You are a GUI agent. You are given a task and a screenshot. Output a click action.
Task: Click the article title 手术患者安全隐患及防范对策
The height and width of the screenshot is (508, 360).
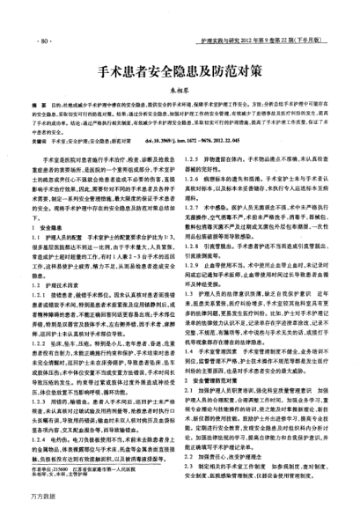tap(180, 69)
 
